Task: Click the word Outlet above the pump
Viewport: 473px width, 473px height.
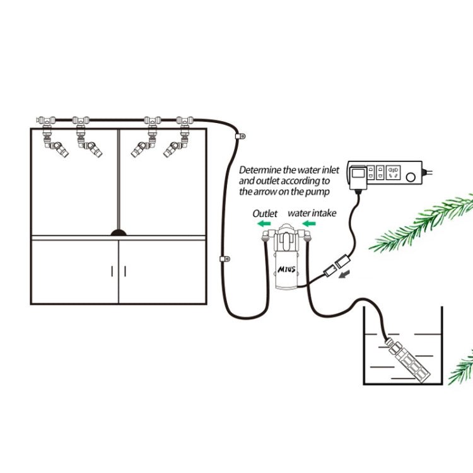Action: pos(265,214)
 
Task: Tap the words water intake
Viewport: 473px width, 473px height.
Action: pos(312,214)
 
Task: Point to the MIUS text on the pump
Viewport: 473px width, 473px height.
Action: pos(287,268)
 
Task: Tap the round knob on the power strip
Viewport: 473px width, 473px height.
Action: pos(412,178)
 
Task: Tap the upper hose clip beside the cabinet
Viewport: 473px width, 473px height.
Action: pos(240,136)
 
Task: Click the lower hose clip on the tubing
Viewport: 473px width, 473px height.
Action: pos(223,259)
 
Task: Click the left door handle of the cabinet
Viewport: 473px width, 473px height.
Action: pos(113,271)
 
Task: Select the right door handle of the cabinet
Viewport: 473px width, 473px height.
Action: pos(125,271)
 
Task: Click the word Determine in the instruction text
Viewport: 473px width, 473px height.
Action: pos(261,170)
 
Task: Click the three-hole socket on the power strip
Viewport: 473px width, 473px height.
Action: pos(394,172)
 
